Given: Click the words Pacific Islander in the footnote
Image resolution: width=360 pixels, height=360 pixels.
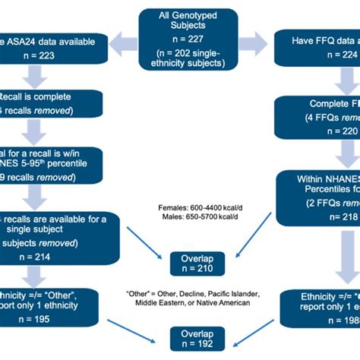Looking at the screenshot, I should click(x=236, y=293).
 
